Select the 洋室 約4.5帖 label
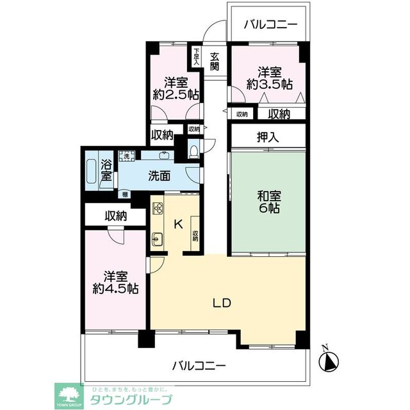coord(115,283)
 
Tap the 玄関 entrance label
coord(215,61)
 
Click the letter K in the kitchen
coord(179,223)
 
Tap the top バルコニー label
coord(271,25)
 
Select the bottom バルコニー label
coord(199,366)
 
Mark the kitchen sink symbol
coord(158,241)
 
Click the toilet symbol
coord(194,149)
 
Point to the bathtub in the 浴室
coord(91,170)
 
